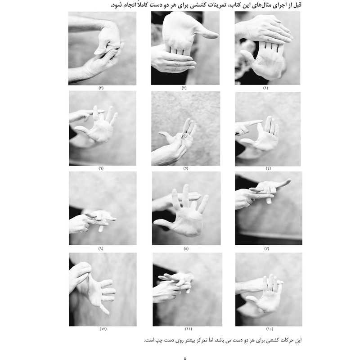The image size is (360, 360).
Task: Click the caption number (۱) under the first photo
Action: pos(265,88)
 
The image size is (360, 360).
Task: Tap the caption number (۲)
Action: pos(184,88)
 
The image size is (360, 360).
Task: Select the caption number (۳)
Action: pos(101,88)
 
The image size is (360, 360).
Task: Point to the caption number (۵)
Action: pos(186,168)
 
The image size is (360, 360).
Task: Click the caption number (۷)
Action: pos(266,249)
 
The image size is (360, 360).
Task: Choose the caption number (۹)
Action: pos(101,249)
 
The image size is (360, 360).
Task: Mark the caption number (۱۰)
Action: pos(270,329)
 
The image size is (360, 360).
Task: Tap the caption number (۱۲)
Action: pos(103,329)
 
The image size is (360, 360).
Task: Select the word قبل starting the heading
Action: pos(296,4)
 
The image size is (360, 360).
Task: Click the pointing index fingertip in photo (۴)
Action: pos(260,121)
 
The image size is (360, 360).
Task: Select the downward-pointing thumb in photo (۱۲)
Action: pos(105,309)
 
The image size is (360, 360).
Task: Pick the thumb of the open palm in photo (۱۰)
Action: pos(252,299)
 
